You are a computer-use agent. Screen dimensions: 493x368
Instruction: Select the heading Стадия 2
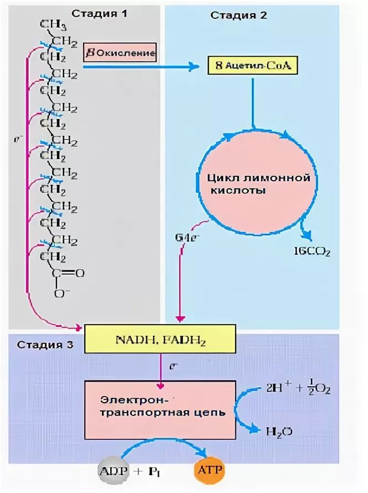coord(239,15)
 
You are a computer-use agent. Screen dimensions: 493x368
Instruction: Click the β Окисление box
coord(120,53)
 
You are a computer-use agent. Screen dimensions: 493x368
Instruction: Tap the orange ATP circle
coord(209,471)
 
